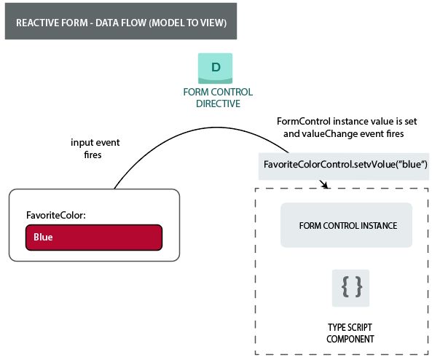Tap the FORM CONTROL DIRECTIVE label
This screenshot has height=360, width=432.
[x=218, y=98]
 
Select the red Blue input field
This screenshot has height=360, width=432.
[x=93, y=237]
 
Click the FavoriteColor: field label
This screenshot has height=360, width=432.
[x=57, y=216]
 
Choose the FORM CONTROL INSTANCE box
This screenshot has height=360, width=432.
[x=347, y=225]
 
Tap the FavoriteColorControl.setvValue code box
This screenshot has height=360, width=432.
[x=345, y=165]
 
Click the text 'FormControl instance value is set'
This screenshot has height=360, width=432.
[x=347, y=121]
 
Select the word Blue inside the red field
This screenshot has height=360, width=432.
[x=43, y=237]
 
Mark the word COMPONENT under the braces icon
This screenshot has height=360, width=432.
[x=350, y=339]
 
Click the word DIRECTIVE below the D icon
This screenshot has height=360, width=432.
[x=218, y=103]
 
